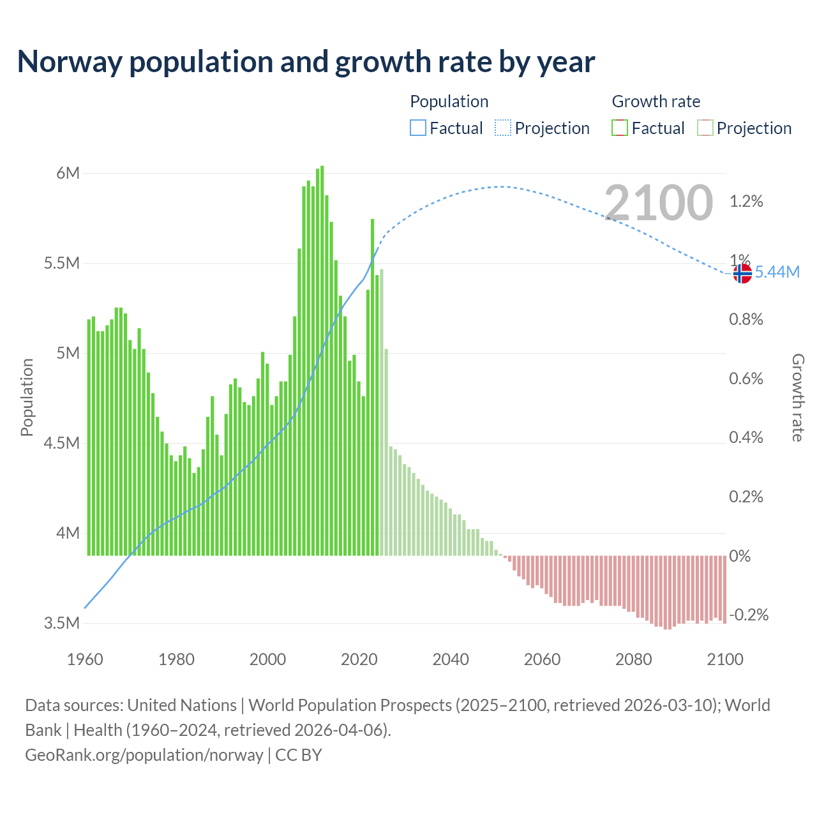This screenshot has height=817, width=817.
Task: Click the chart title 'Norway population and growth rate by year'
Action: (306, 62)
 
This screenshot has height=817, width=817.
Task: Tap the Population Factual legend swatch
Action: (417, 128)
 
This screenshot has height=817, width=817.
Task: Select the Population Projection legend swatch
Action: (503, 128)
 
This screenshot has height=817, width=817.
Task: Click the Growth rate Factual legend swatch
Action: (620, 128)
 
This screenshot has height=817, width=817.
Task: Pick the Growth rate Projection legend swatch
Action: (705, 128)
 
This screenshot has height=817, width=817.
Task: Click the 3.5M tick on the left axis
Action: (62, 623)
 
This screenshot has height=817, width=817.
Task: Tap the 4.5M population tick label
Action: (62, 443)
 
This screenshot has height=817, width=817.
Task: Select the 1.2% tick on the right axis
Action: (746, 202)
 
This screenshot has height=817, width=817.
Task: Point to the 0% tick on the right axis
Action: (740, 556)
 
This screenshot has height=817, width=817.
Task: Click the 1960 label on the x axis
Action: (85, 659)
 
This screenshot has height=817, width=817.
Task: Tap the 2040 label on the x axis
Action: (451, 659)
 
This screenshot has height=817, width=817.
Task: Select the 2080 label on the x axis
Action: (633, 659)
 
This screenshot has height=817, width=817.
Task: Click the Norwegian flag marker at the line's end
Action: (742, 273)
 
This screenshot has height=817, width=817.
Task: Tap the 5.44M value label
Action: (777, 273)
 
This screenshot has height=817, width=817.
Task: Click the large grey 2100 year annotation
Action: (658, 202)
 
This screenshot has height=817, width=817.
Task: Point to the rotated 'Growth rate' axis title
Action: (797, 398)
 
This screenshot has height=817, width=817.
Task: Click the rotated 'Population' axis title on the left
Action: (27, 397)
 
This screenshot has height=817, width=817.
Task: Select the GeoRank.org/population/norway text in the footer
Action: (144, 755)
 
